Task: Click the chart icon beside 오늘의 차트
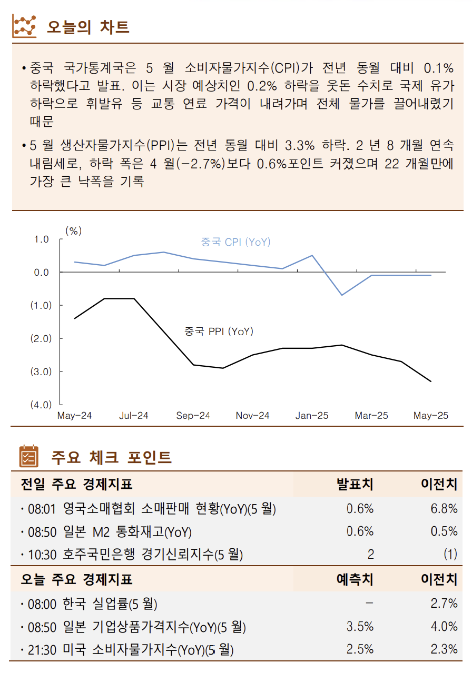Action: tap(24, 26)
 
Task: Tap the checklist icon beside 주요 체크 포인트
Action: tap(28, 456)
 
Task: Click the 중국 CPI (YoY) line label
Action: tap(235, 242)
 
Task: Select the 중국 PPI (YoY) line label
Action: tap(219, 332)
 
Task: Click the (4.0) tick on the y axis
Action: tap(41, 405)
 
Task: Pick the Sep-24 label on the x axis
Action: tap(193, 416)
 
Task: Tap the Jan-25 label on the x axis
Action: tap(312, 416)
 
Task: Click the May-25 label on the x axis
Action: tap(430, 416)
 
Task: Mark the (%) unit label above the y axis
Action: tap(73, 230)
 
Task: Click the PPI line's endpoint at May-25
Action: tap(431, 381)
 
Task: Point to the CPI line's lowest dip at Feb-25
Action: tap(342, 295)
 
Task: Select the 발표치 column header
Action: tap(355, 484)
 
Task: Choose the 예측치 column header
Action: tap(355, 579)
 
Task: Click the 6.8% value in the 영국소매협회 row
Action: tap(444, 509)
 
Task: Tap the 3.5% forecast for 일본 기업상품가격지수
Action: tap(360, 627)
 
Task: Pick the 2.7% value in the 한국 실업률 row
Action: tap(444, 604)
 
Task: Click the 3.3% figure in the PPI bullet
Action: tap(299, 145)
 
